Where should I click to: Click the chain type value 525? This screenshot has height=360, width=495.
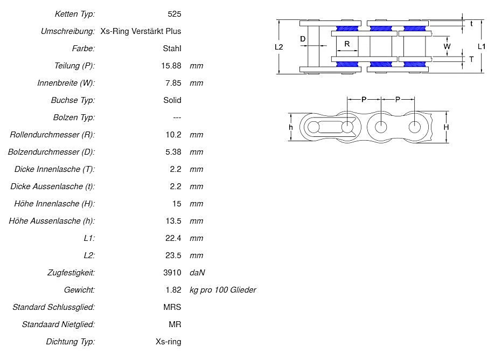click(175, 13)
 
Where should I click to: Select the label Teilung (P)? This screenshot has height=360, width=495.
click(74, 65)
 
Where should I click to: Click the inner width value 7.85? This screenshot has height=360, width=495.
click(173, 82)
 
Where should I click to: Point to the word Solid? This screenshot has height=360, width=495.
click(172, 100)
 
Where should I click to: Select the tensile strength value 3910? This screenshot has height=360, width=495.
click(172, 272)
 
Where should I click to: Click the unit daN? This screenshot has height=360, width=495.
click(197, 272)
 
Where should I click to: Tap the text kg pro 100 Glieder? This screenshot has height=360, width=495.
click(222, 289)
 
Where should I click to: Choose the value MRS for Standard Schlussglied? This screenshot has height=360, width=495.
click(172, 307)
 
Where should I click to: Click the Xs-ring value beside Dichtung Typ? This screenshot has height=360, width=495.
click(168, 341)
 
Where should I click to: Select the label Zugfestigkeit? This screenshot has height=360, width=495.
click(71, 272)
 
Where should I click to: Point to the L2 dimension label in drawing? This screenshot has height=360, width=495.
click(278, 47)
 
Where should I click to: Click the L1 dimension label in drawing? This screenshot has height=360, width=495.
click(482, 47)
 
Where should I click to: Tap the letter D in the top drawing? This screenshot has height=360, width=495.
click(303, 39)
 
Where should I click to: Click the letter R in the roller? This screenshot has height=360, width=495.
click(347, 44)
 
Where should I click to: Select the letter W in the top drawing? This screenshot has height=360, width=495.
click(447, 46)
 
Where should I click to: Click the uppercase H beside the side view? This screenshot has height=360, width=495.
click(446, 127)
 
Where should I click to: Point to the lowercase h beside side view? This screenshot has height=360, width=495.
click(291, 127)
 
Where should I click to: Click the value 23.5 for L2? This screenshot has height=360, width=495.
click(172, 255)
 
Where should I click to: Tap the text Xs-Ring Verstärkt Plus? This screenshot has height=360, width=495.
click(141, 31)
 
